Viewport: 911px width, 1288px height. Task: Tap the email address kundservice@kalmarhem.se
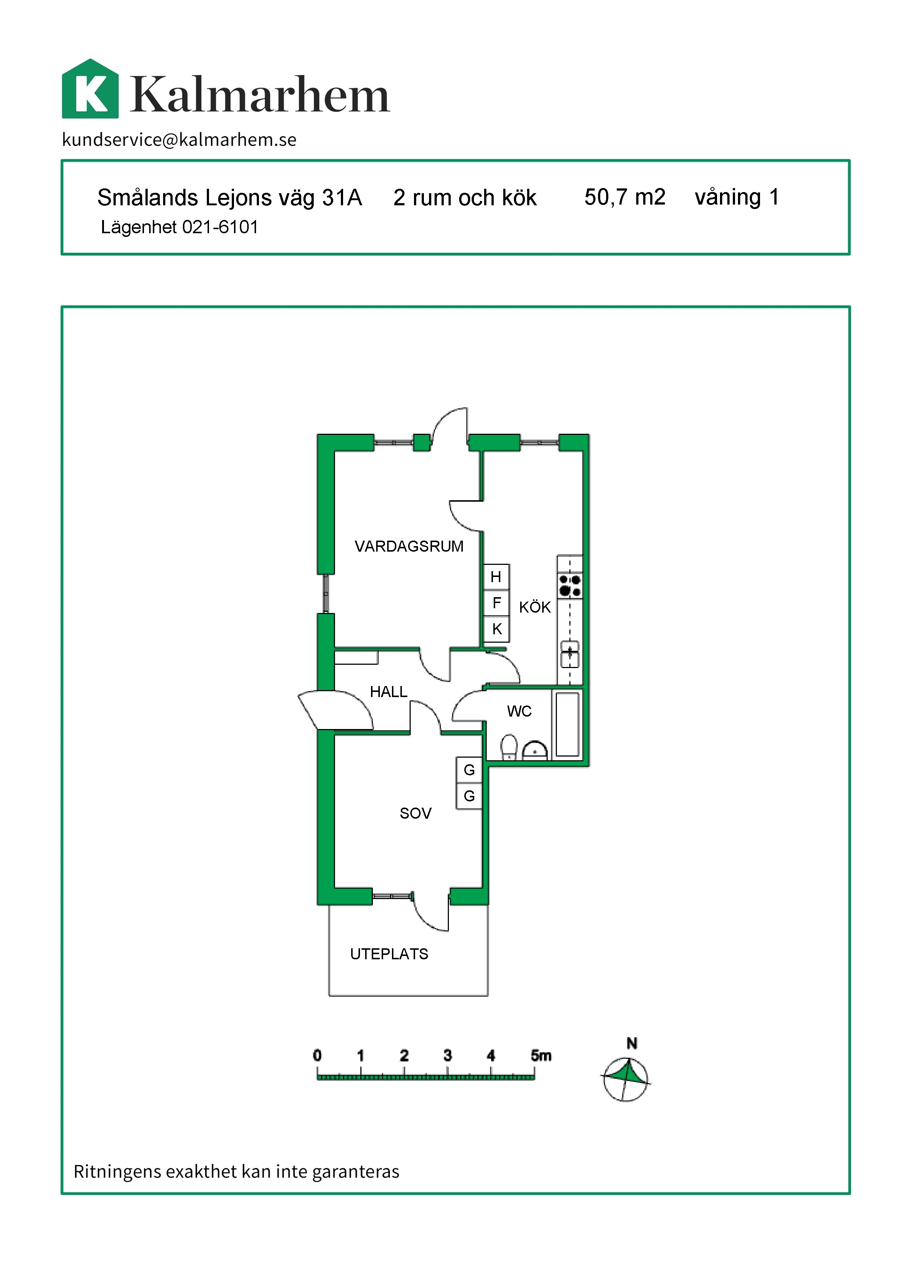click(179, 140)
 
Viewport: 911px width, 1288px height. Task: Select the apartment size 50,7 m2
click(624, 197)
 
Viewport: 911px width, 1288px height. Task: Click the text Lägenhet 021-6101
click(180, 227)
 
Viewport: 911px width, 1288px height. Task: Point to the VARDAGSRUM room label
click(409, 546)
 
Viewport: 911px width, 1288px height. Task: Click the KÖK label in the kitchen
click(534, 607)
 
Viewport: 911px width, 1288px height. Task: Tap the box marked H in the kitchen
click(496, 577)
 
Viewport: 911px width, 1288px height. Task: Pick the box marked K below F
click(496, 629)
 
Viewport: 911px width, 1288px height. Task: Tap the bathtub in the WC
click(567, 724)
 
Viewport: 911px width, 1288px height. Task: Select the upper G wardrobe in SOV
click(469, 770)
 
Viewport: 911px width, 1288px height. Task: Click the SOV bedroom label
click(416, 813)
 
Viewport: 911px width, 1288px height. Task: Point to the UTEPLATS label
click(389, 954)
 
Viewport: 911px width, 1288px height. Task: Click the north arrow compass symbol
click(626, 1079)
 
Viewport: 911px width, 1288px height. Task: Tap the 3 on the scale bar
click(448, 1055)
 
